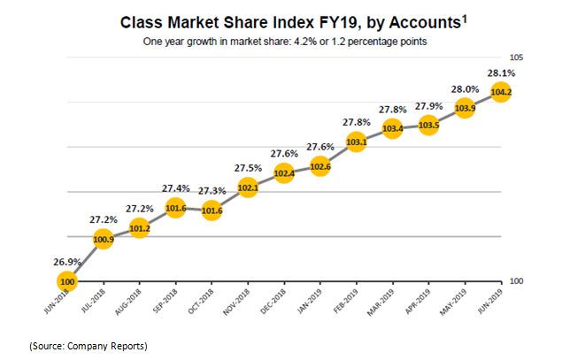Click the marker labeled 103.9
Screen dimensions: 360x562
(465, 107)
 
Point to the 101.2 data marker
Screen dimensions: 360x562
(139, 228)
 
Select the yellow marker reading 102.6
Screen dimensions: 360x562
(320, 165)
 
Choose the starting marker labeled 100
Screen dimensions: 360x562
(67, 281)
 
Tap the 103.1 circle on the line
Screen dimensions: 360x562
(356, 142)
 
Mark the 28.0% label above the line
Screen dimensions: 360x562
(465, 88)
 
